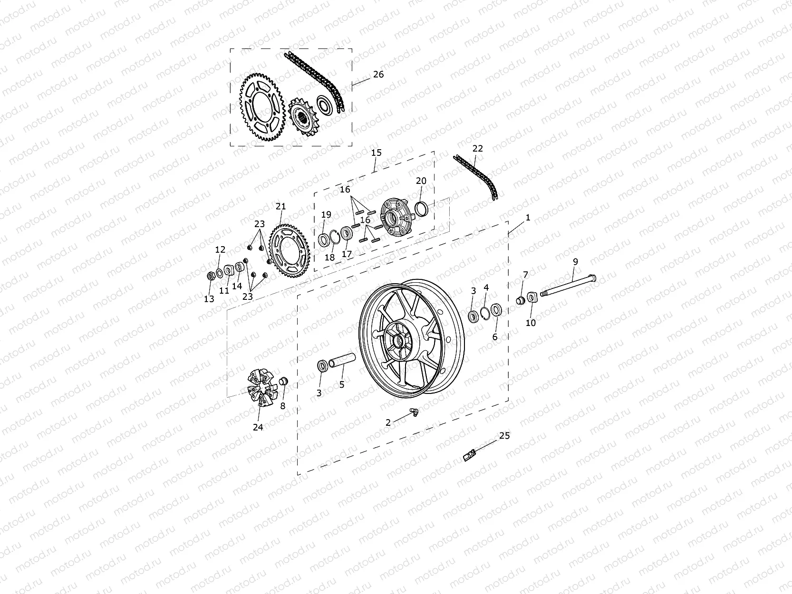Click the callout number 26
tap(378, 75)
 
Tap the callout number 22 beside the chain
tap(477, 149)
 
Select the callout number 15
tap(376, 153)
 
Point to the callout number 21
tap(281, 207)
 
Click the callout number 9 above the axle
tap(575, 261)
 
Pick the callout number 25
tap(504, 435)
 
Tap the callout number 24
tap(258, 427)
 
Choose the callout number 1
tap(527, 218)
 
